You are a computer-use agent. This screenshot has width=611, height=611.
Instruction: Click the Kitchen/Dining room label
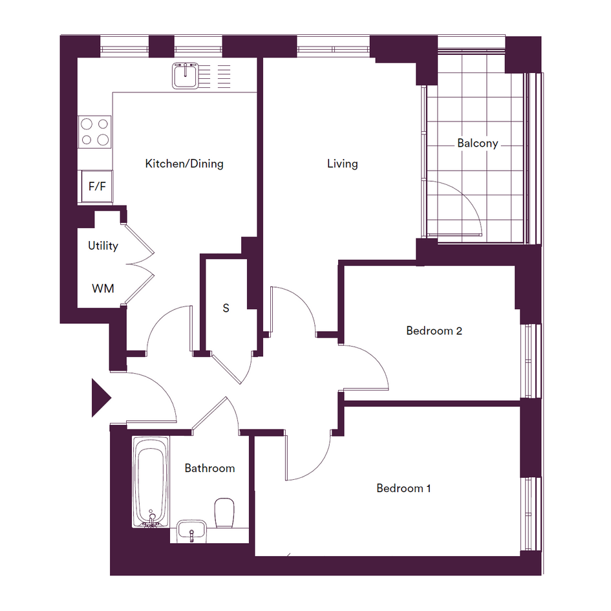click(184, 164)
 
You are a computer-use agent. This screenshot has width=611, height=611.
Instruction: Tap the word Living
click(343, 164)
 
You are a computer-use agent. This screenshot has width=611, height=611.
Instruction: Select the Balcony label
click(478, 144)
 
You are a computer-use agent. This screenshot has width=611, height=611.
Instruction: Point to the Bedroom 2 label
click(434, 331)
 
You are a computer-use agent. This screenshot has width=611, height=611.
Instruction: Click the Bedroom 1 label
click(403, 488)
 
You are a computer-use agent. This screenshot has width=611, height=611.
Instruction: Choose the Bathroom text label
click(209, 468)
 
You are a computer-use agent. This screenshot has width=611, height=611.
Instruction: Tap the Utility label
click(103, 246)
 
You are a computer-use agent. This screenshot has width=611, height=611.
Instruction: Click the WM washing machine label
click(103, 289)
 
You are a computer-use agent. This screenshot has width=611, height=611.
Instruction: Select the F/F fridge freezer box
click(97, 187)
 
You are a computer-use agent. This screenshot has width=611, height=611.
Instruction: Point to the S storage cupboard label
click(226, 308)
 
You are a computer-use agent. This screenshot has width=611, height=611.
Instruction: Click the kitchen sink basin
click(186, 77)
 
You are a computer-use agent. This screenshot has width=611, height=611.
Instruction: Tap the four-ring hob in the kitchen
click(94, 132)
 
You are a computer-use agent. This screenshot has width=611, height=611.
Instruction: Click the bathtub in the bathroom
click(151, 482)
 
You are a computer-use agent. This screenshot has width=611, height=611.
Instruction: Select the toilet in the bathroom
click(224, 513)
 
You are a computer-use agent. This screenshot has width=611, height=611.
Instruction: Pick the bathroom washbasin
click(191, 531)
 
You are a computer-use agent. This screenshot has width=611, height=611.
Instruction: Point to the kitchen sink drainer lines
click(215, 76)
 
